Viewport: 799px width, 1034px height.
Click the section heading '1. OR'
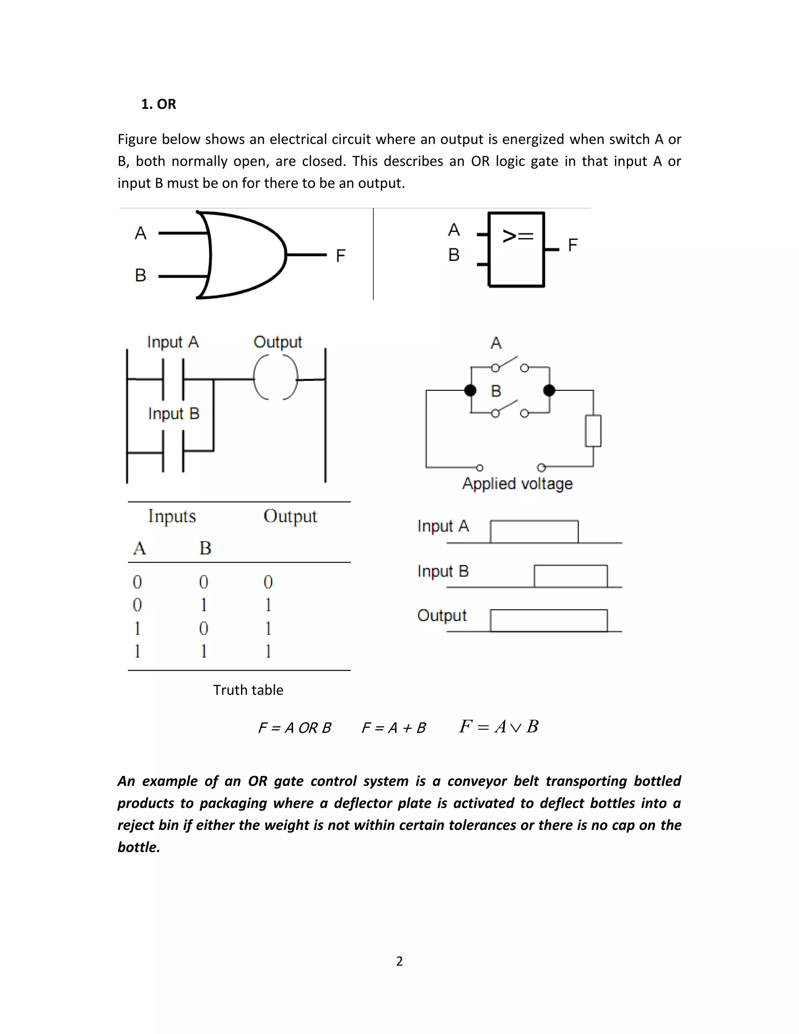(158, 104)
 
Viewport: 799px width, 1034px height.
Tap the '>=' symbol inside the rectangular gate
(517, 235)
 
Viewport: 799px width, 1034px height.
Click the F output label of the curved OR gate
(340, 256)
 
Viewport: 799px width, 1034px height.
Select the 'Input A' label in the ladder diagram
(173, 342)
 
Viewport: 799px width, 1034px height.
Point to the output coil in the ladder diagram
(276, 377)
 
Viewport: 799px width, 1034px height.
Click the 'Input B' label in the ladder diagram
(174, 413)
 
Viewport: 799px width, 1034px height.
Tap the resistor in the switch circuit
(593, 430)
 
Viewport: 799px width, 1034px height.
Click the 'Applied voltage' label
(517, 483)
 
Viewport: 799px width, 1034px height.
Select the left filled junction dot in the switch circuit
(470, 390)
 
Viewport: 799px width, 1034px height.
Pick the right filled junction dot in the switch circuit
(549, 390)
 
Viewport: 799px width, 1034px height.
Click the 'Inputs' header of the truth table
(172, 516)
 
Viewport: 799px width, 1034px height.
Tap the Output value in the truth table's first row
(268, 582)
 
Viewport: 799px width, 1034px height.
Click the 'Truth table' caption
(248, 690)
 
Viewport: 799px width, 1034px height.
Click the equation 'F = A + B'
(393, 728)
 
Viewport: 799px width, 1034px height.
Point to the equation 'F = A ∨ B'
(499, 726)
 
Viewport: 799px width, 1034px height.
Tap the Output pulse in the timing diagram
(549, 620)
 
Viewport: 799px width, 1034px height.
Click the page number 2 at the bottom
(399, 961)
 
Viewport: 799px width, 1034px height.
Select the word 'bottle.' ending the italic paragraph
(138, 847)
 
